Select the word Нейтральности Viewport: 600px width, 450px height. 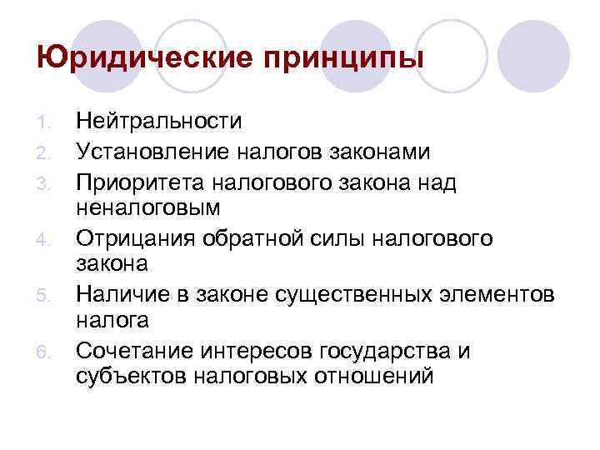[x=159, y=122]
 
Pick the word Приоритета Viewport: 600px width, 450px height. [x=142, y=182]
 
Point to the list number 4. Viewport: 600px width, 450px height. [x=47, y=240]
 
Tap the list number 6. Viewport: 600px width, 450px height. [x=47, y=352]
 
